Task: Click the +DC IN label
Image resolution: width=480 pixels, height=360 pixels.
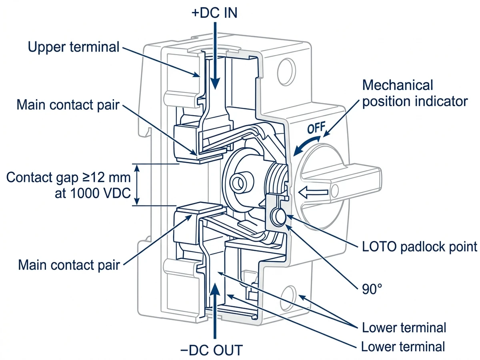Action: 215,13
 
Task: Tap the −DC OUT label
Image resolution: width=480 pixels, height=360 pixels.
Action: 211,350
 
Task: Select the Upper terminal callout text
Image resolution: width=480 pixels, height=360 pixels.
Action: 74,47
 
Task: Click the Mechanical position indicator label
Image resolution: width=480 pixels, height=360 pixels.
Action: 414,93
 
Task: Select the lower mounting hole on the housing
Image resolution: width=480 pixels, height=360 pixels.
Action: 289,296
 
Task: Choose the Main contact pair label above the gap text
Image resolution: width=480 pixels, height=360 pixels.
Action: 68,105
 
